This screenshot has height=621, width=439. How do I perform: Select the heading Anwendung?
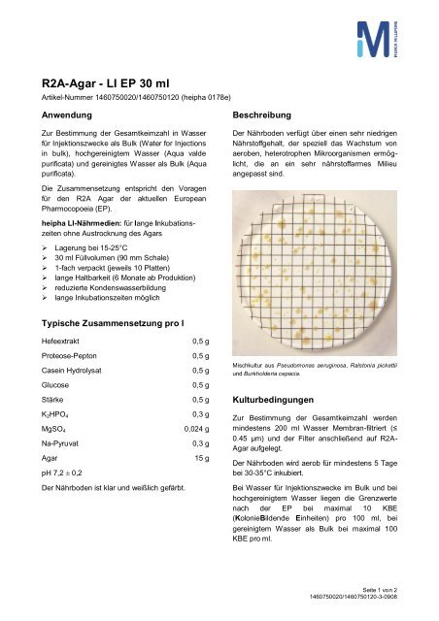[60, 114]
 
